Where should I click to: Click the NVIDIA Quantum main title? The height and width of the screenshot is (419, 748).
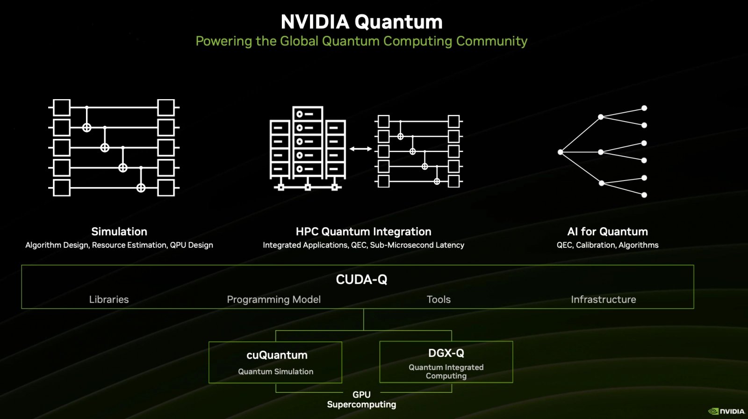(x=361, y=22)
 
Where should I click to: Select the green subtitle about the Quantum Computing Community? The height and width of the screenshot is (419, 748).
(x=361, y=41)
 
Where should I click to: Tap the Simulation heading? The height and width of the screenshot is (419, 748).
(x=119, y=231)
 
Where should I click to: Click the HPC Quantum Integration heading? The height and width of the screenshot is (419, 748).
(x=363, y=231)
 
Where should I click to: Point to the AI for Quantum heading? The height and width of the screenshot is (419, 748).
(x=607, y=231)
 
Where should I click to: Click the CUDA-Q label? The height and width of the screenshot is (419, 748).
(x=361, y=280)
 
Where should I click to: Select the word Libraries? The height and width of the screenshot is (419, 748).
(x=109, y=299)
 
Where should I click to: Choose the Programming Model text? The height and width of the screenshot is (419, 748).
(x=273, y=299)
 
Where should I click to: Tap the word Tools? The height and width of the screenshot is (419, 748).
(x=439, y=299)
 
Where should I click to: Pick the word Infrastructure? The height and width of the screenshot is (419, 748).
(x=603, y=299)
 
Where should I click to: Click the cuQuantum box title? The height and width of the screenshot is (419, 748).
(x=277, y=355)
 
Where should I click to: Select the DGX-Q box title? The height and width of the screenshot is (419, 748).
(x=446, y=353)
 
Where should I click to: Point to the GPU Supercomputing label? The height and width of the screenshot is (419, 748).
(x=361, y=399)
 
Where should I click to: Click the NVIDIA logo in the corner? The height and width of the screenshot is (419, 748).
(x=726, y=411)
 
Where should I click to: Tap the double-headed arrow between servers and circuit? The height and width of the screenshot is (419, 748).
(x=360, y=149)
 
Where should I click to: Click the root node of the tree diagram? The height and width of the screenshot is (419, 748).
(x=561, y=152)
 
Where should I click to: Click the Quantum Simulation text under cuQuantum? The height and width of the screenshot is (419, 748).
(x=275, y=371)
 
